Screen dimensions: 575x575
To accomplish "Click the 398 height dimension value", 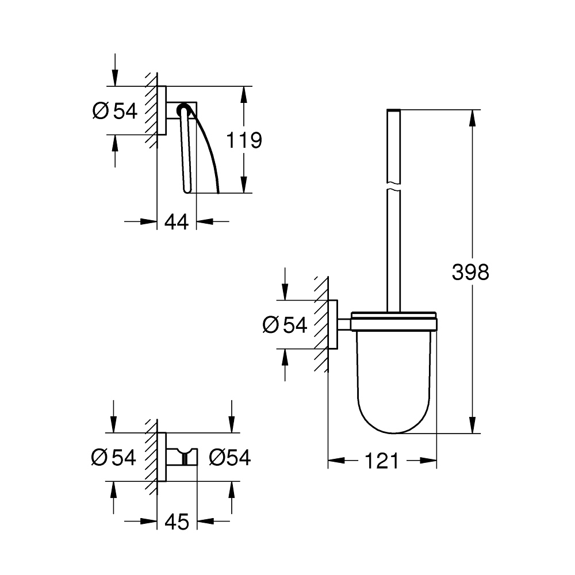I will tap(470, 272).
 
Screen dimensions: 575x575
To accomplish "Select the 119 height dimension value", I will tap(244, 140).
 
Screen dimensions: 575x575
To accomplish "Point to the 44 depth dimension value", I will tap(177, 221).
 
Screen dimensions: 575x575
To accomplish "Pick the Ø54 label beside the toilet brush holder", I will tap(285, 325).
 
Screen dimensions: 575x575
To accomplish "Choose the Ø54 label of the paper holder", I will tap(115, 111).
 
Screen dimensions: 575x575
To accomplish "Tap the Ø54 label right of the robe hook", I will tap(230, 458).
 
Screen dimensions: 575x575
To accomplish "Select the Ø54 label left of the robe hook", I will tap(114, 458).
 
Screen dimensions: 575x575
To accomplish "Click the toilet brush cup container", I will tap(394, 379).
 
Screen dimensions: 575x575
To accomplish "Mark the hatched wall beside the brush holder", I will tap(321, 325).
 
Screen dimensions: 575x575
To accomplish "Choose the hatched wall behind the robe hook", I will tap(151, 457).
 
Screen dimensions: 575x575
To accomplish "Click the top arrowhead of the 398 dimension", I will tap(473, 118).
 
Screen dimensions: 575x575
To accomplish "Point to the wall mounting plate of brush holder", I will tap(333, 325).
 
